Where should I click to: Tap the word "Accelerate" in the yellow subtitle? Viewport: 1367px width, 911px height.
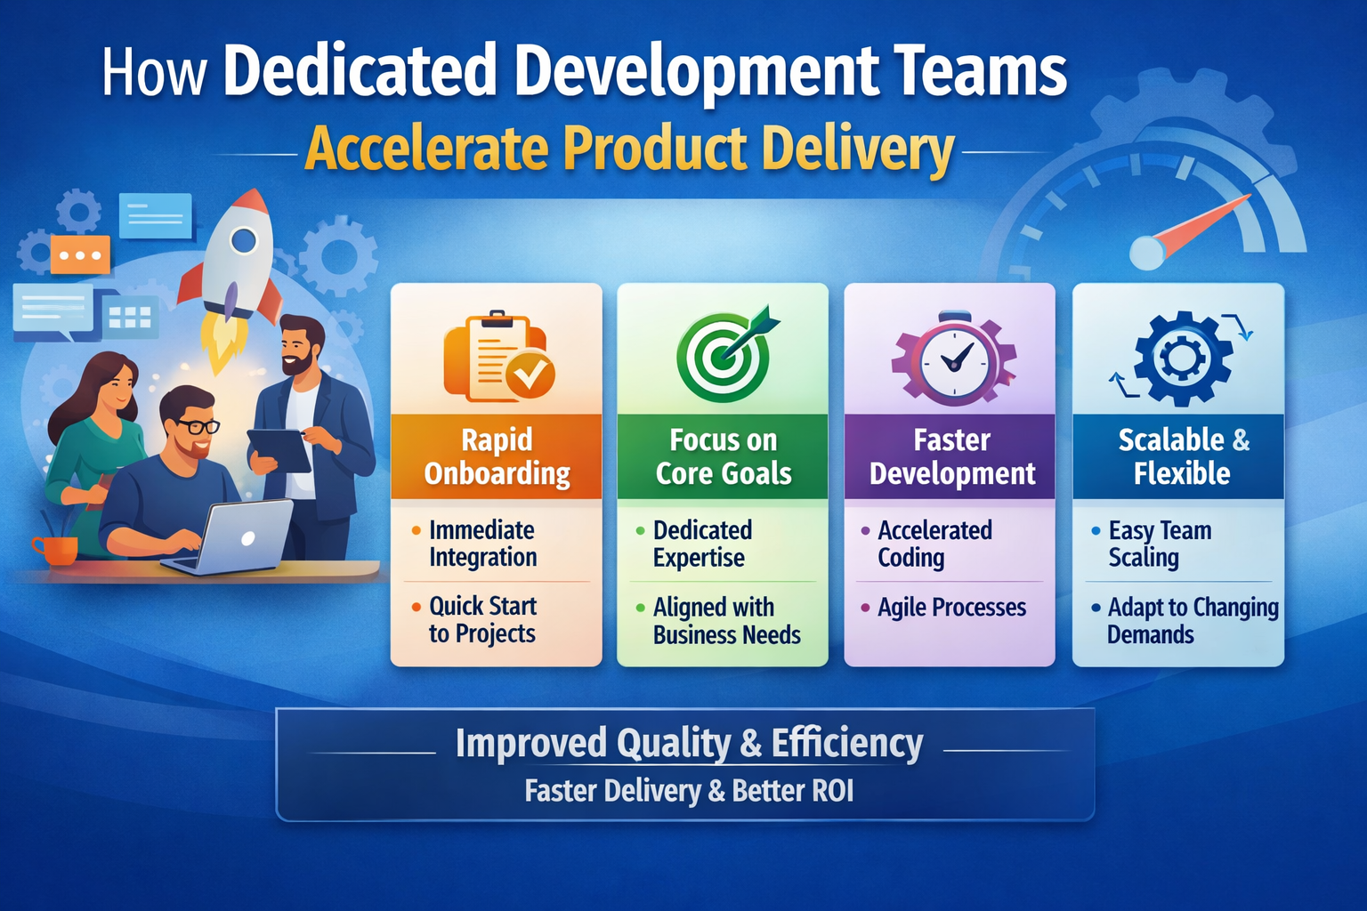(x=426, y=149)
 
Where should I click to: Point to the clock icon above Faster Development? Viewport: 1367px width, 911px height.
(x=954, y=359)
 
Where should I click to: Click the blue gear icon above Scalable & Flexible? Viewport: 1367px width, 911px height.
(x=1182, y=359)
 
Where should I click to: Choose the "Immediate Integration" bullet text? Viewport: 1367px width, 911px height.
(x=482, y=544)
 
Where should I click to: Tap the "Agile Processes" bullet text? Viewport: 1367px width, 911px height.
(x=951, y=608)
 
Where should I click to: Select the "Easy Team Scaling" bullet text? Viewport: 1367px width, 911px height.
(x=1159, y=544)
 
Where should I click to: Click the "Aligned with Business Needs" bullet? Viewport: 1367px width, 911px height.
(x=725, y=621)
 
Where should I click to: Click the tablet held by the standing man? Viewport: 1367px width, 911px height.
(x=279, y=450)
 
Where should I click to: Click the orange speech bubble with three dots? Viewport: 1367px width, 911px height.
(x=80, y=255)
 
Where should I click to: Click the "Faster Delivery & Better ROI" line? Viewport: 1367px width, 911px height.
(x=689, y=791)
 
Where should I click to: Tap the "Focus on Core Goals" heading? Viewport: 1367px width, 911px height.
(x=724, y=456)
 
